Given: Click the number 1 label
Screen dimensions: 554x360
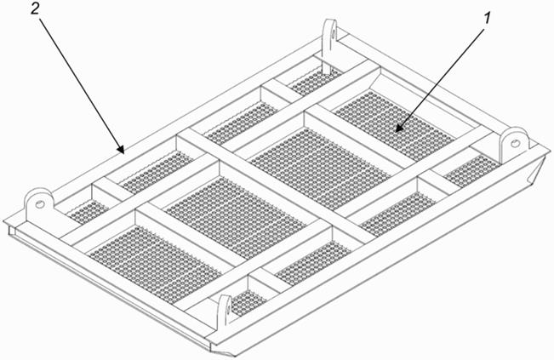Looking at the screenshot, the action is [488, 18].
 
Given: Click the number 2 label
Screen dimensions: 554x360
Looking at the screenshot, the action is [35, 9].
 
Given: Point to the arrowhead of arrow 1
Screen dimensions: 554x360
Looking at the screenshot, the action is [399, 129].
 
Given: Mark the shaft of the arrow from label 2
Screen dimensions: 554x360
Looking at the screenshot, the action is [81, 86].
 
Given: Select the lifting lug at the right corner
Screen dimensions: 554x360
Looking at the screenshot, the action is [514, 145].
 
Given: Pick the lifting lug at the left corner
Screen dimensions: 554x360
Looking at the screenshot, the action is [39, 208].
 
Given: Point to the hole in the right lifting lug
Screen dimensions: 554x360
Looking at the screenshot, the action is [516, 144].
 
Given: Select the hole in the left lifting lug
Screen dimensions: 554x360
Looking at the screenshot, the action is [40, 204].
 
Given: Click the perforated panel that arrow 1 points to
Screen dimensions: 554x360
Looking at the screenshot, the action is [395, 126].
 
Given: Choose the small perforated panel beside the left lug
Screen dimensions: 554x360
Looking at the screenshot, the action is [88, 211].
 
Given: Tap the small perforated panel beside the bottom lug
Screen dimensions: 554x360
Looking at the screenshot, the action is [248, 303].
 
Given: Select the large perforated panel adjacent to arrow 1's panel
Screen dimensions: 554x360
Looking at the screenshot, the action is [321, 169].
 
